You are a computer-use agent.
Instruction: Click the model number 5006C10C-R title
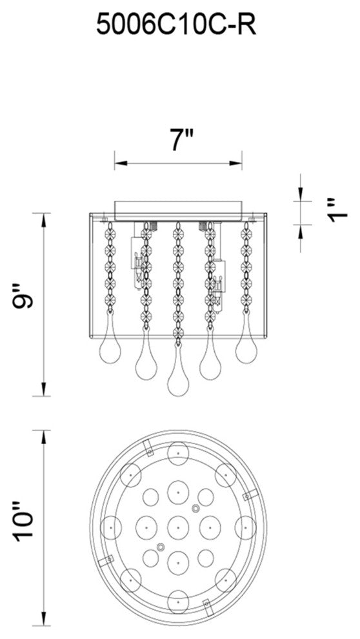[x=176, y=25]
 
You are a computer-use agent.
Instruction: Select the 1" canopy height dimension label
[x=338, y=210]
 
